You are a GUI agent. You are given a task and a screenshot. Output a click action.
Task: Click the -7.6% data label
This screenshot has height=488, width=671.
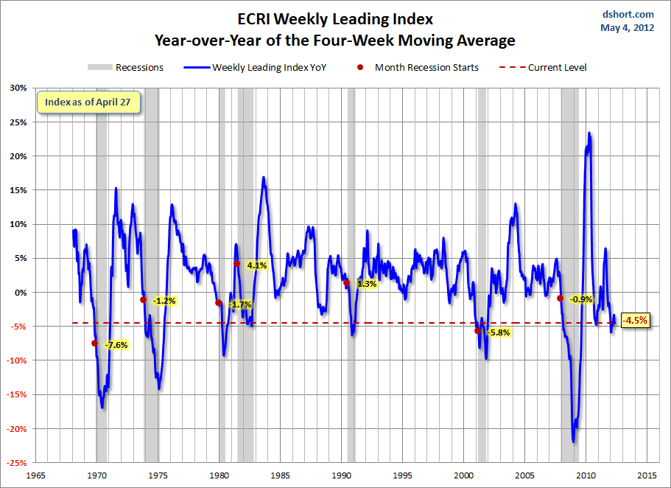tap(116, 345)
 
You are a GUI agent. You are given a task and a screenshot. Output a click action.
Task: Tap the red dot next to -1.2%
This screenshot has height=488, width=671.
tap(143, 300)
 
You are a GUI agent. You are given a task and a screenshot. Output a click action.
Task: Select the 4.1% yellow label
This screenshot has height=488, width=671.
tap(256, 265)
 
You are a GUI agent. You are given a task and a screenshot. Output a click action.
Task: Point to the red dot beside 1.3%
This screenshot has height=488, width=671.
tap(346, 282)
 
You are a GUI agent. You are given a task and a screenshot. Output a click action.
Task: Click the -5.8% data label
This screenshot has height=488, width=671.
tap(498, 332)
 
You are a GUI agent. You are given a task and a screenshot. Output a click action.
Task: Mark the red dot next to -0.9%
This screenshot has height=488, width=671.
tap(560, 299)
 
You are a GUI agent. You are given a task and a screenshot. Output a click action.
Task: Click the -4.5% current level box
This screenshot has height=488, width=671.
tap(634, 321)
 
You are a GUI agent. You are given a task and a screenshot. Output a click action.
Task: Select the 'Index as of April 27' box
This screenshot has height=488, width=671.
tap(88, 102)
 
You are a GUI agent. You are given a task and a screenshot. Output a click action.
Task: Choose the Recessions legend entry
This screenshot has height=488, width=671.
tap(126, 68)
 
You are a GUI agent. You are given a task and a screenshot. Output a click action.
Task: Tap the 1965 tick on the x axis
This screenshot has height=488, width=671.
tap(35, 475)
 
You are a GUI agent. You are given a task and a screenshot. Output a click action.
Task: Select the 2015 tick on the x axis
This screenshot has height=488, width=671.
tap(647, 475)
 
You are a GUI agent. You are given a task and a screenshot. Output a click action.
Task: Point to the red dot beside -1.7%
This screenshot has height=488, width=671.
tap(218, 303)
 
